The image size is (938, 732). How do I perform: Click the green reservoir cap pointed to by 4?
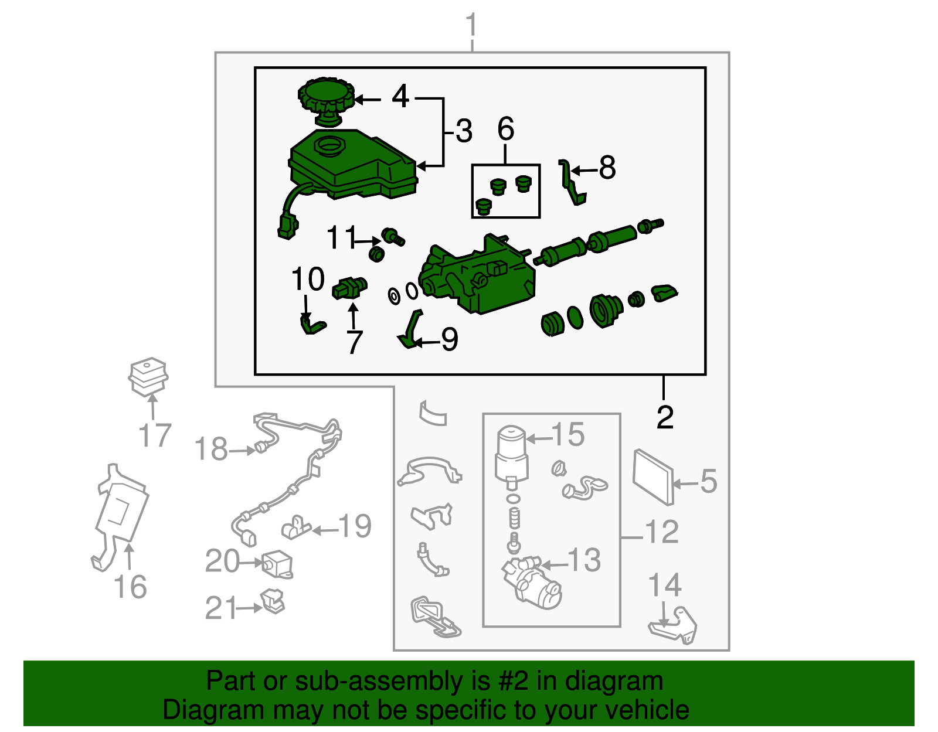point(326,101)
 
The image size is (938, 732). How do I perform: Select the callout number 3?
point(464,131)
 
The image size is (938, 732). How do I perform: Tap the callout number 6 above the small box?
point(505,128)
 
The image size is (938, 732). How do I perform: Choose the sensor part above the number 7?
point(349,288)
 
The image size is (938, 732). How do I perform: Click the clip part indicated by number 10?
point(312,325)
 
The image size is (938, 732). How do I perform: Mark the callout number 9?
point(449,339)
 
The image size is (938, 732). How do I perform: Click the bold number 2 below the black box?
point(665,417)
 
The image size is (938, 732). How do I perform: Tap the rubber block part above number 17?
point(148,377)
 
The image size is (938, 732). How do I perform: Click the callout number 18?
point(210,448)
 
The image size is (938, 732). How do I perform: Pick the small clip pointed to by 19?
point(295,527)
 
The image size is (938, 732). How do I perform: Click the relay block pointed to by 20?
point(277,564)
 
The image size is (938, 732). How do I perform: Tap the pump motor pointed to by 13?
point(532,583)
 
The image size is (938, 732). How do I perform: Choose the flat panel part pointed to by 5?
point(652,477)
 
